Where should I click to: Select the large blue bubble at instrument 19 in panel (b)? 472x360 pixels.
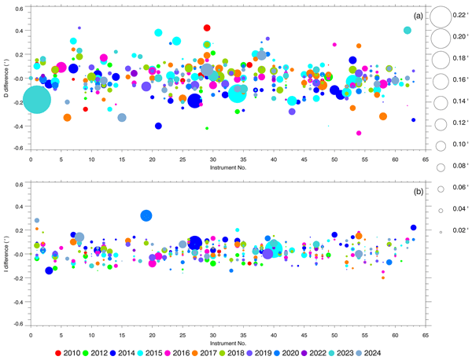click(x=146, y=215)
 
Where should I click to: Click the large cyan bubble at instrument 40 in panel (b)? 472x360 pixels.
click(x=273, y=249)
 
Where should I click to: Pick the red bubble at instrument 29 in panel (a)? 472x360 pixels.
click(x=207, y=28)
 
